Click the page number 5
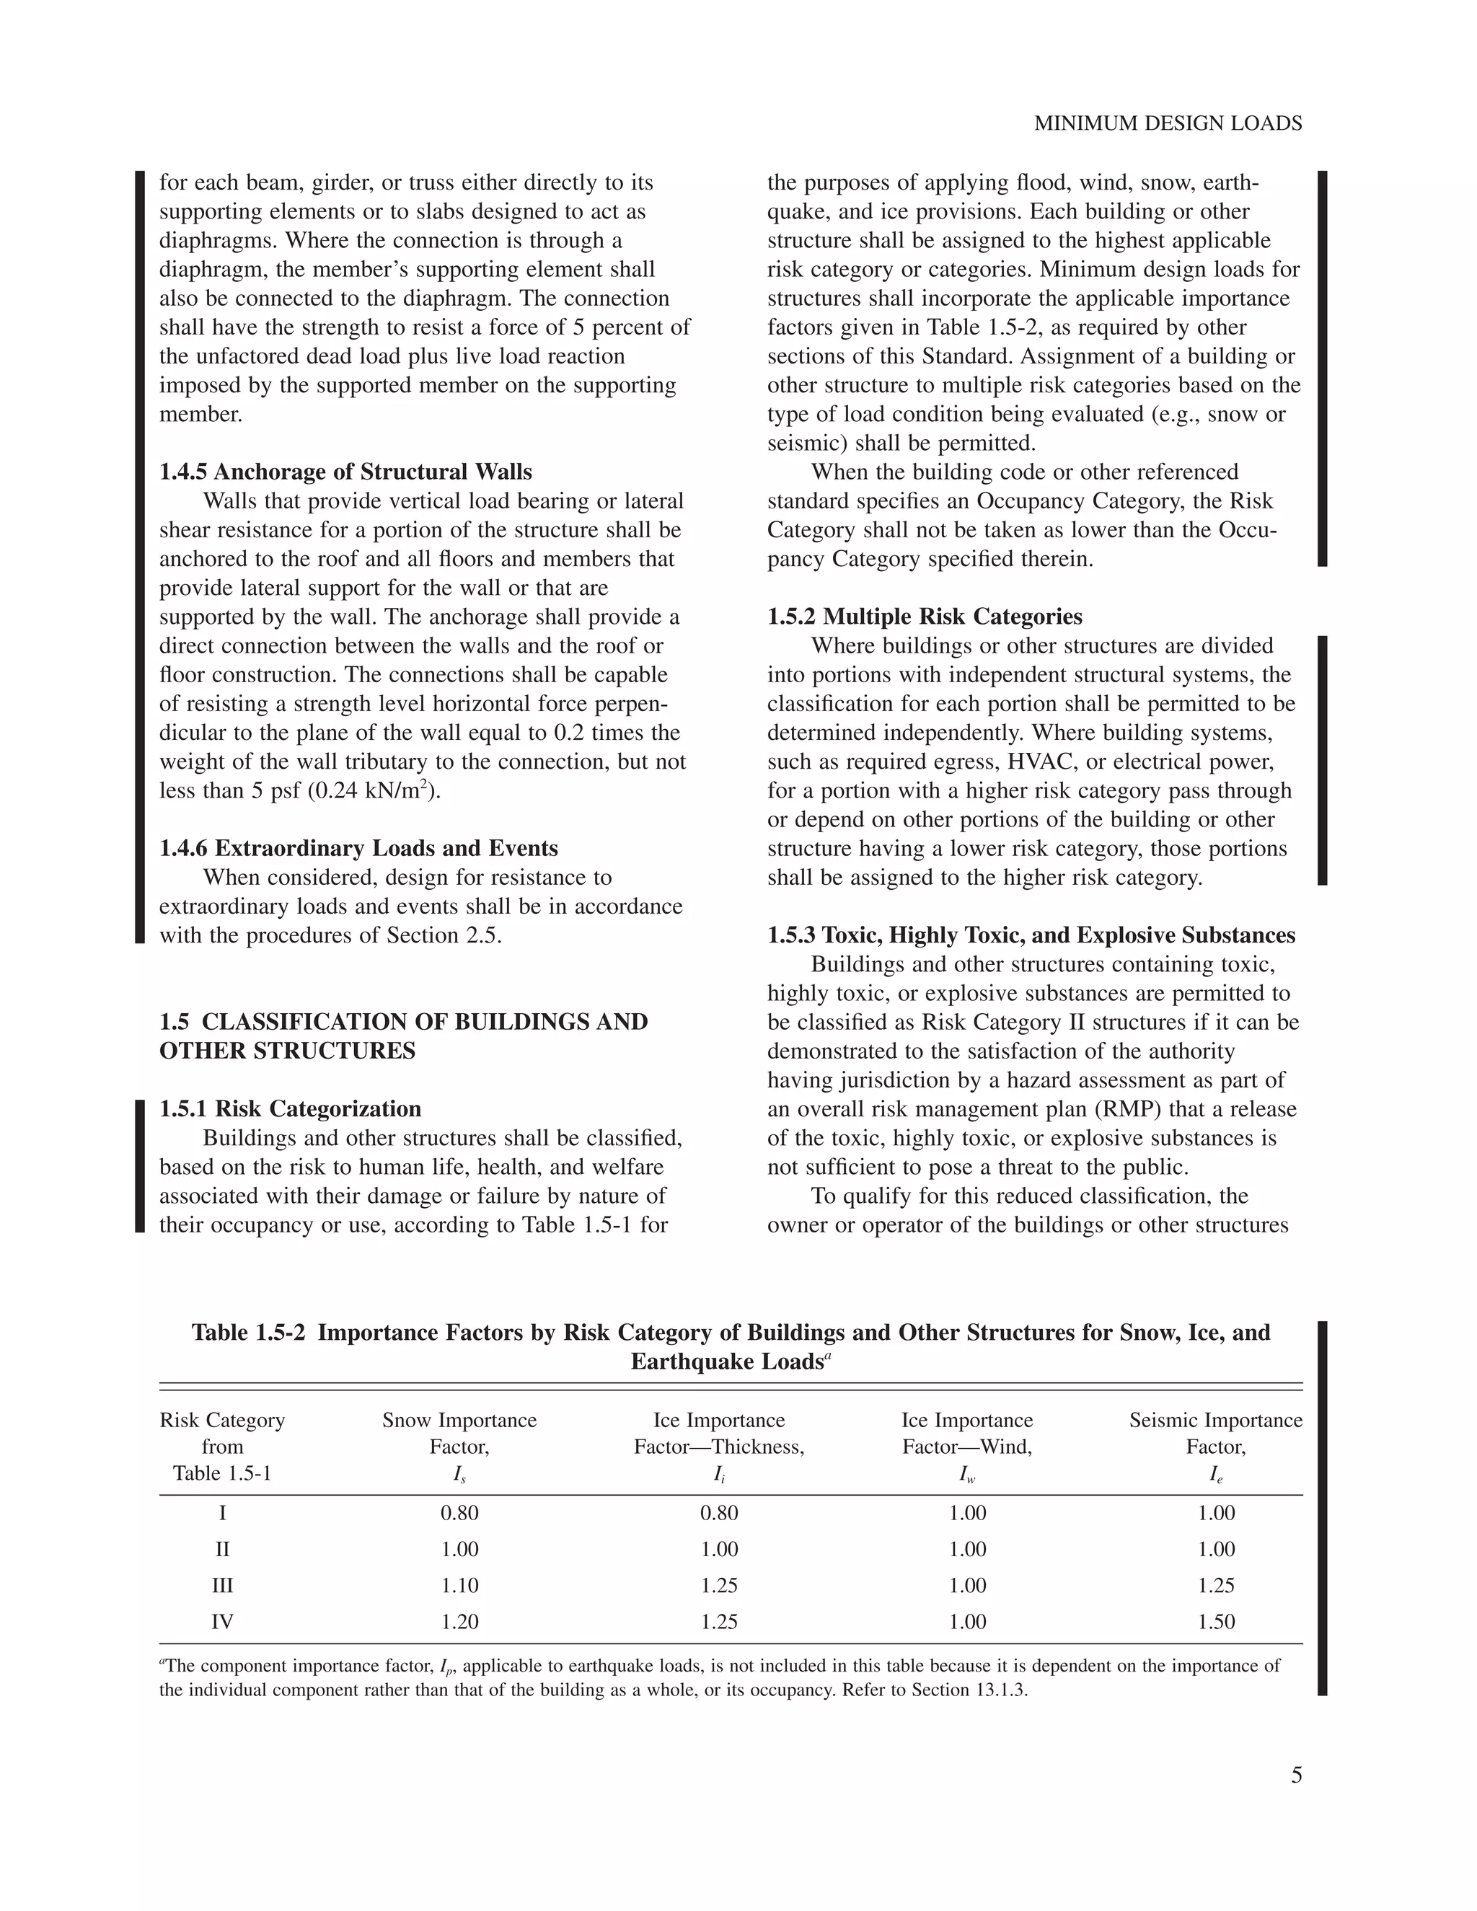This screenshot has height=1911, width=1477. point(1296,1775)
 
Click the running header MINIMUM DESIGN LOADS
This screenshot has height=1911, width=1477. point(1168,124)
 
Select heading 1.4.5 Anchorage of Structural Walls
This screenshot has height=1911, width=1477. point(345,472)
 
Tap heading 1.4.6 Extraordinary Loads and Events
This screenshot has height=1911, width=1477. point(358,848)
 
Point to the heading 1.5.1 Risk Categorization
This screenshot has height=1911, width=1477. point(290,1108)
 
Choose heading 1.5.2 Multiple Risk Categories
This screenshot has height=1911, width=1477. point(924,617)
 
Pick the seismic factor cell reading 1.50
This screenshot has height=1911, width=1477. point(1215,1621)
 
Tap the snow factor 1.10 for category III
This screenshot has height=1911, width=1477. point(459,1584)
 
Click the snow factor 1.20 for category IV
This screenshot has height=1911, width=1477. point(459,1621)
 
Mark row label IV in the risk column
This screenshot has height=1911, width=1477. point(222,1621)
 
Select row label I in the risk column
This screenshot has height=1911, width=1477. point(222,1513)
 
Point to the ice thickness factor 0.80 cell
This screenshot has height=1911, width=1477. point(718,1513)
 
